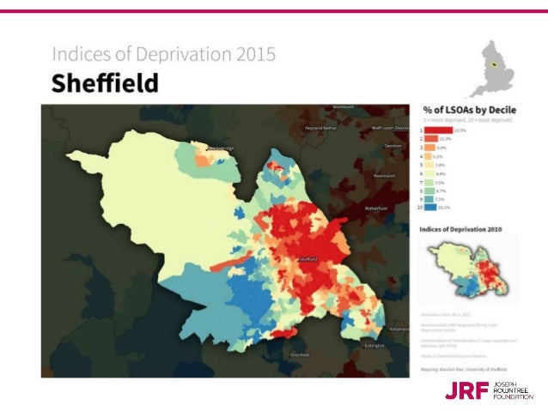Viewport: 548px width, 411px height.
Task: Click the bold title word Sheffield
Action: coord(105,84)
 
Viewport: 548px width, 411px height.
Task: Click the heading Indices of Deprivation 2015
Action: coord(164,55)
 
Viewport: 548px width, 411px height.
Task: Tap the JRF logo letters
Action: coord(465,391)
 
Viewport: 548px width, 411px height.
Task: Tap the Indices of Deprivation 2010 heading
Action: coord(461,229)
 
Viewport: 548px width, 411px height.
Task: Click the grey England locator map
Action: coord(491,68)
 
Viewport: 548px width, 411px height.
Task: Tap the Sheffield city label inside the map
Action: coord(307,258)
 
